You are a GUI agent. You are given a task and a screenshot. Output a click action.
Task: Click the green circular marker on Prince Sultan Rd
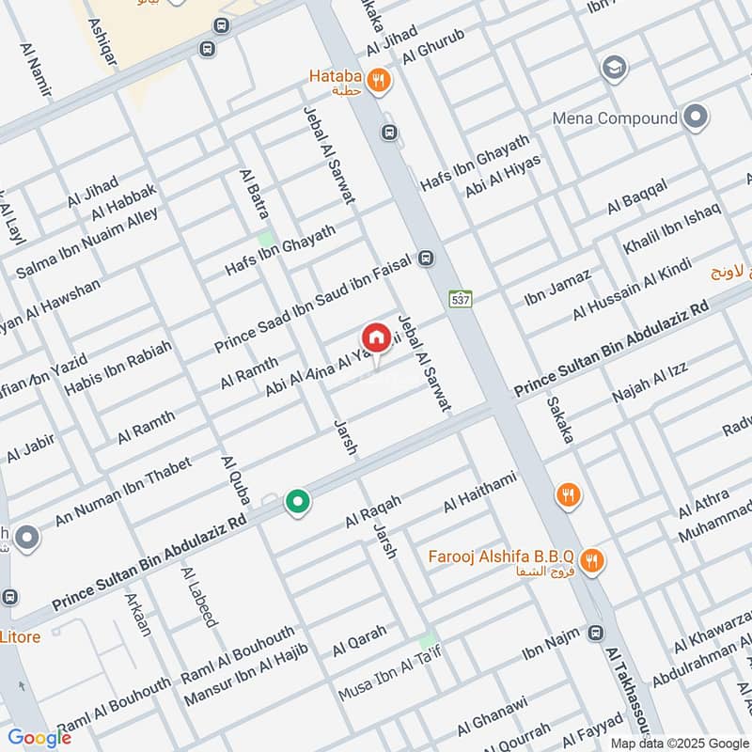[298, 503]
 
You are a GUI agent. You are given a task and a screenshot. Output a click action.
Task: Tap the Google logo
[39, 738]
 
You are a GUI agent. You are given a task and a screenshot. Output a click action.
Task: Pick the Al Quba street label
[234, 480]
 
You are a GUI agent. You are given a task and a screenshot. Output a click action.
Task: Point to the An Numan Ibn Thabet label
[123, 491]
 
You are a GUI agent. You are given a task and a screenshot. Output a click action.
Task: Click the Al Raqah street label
[373, 511]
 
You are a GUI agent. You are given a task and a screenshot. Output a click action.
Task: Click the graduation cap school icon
[614, 69]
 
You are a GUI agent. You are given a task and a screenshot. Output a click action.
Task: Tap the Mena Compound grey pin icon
[696, 117]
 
